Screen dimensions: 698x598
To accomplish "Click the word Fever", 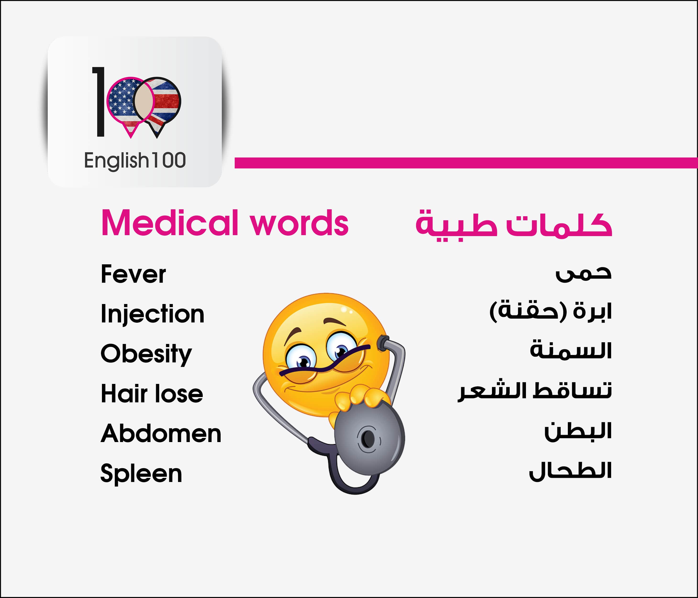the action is (133, 274).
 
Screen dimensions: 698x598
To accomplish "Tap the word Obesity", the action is (146, 354).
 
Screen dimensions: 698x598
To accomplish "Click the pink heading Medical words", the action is (225, 223).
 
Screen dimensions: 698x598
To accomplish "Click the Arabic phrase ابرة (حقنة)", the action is (550, 311).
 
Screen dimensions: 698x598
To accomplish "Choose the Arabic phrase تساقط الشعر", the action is (535, 391).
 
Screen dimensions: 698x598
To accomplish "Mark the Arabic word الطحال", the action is (570, 471).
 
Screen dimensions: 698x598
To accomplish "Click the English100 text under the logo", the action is (135, 161).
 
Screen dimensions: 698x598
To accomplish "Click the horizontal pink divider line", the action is (466, 163).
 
